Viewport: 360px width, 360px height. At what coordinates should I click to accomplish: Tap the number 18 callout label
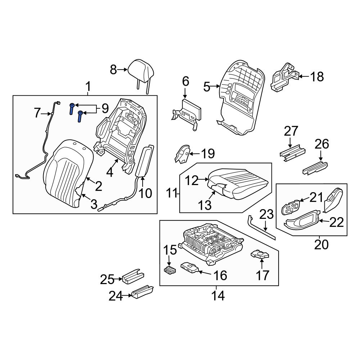point(317,77)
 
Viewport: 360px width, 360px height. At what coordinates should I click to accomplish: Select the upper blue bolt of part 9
point(72,108)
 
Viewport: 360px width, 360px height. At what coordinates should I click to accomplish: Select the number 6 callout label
point(185,81)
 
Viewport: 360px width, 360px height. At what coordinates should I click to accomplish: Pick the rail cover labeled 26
point(315,168)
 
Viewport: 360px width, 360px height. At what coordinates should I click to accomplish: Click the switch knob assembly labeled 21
point(291,208)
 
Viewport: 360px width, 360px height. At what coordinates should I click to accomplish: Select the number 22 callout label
point(337,223)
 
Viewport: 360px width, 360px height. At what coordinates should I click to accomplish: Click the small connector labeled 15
point(170,270)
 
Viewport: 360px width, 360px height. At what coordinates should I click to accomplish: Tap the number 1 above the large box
point(88,86)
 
